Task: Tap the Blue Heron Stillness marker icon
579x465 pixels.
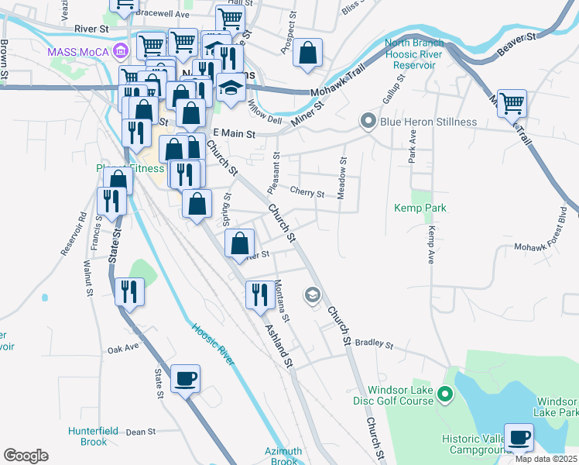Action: pyautogui.click(x=368, y=121)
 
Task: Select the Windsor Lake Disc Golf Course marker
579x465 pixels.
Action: pyautogui.click(x=445, y=395)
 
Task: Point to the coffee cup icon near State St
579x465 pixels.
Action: pyautogui.click(x=185, y=379)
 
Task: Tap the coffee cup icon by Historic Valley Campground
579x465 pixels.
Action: pyautogui.click(x=519, y=437)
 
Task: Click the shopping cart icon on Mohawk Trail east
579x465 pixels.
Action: pyautogui.click(x=512, y=102)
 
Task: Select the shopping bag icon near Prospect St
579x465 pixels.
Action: pyautogui.click(x=308, y=53)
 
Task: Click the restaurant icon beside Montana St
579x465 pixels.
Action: pyautogui.click(x=259, y=294)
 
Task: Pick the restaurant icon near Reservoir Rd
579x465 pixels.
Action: pyautogui.click(x=111, y=201)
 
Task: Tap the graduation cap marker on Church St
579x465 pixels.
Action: pyautogui.click(x=313, y=294)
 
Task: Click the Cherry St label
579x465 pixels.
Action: pyautogui.click(x=307, y=192)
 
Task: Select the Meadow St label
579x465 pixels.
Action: pyautogui.click(x=341, y=179)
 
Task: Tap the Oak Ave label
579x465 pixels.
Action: pyautogui.click(x=123, y=350)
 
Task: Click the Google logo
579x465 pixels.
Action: pyautogui.click(x=26, y=456)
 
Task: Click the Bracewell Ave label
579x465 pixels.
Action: pyautogui.click(x=162, y=14)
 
